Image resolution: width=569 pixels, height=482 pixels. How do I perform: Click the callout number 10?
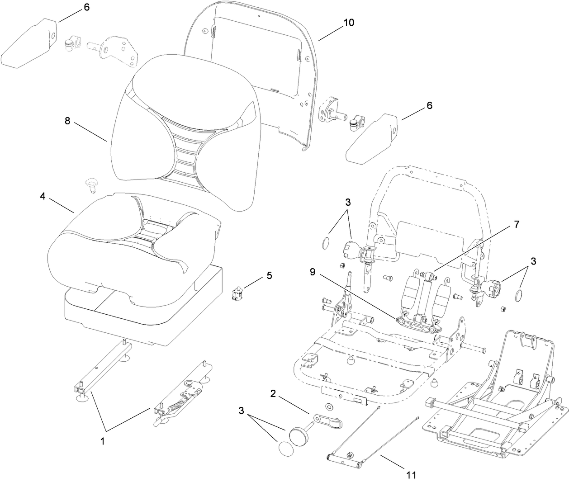coord(349,23)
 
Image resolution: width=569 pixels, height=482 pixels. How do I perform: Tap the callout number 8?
coord(67,121)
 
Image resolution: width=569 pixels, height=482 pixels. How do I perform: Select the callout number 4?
coord(43,196)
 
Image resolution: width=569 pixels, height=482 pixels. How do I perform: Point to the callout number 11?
coord(411,475)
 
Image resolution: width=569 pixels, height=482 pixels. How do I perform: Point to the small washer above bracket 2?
coord(328,404)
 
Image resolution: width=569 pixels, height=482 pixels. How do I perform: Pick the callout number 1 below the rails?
coord(102,441)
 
